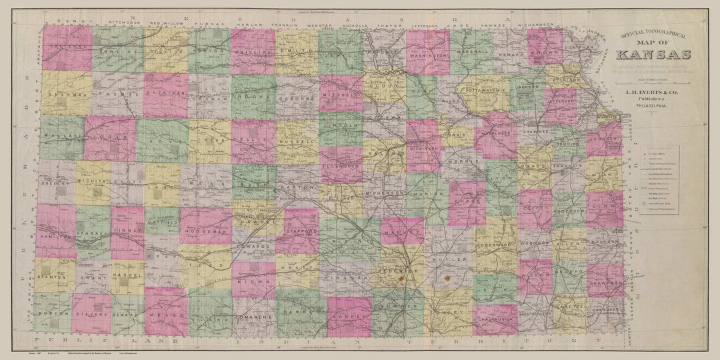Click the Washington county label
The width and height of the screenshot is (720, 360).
[x=427, y=56]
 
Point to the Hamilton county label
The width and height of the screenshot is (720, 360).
[x=55, y=236]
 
